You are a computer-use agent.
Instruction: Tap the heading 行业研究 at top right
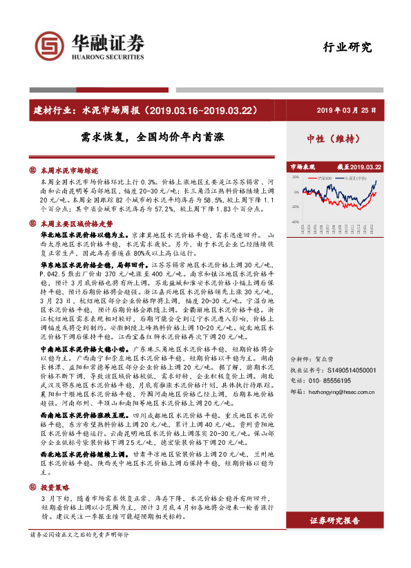pos(347,48)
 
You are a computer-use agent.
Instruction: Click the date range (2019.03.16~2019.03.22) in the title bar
pos(204,109)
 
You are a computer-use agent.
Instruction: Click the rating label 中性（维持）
pos(334,138)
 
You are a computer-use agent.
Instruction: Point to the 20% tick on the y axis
pos(296,178)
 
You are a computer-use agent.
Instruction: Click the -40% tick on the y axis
pos(295,222)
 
